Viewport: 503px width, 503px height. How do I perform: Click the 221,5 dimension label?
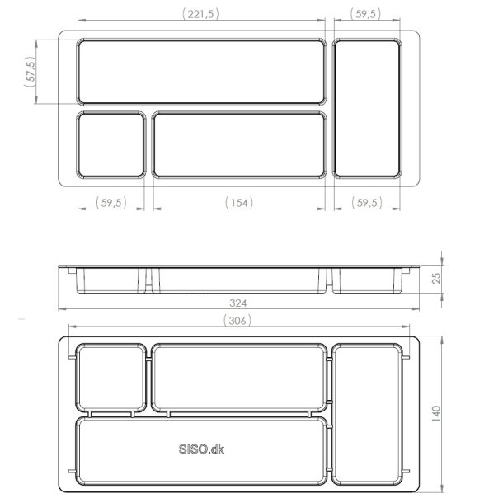201,14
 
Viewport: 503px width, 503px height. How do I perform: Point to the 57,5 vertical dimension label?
31,74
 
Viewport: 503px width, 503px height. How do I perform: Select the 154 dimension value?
239,202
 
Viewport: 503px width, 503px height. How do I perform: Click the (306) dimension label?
237,320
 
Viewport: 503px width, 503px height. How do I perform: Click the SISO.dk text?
201,449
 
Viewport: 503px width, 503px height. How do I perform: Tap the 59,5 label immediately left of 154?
111,202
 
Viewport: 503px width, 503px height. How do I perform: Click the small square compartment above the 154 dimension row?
111,145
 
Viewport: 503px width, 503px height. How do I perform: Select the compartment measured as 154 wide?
239,145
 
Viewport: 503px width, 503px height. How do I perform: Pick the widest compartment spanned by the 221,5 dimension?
201,72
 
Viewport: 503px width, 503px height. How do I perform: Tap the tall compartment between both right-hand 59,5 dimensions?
367,108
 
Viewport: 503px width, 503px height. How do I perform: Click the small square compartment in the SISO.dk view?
110,378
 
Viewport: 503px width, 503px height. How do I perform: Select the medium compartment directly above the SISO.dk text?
238,378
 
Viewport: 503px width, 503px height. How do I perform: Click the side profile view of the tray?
242,278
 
